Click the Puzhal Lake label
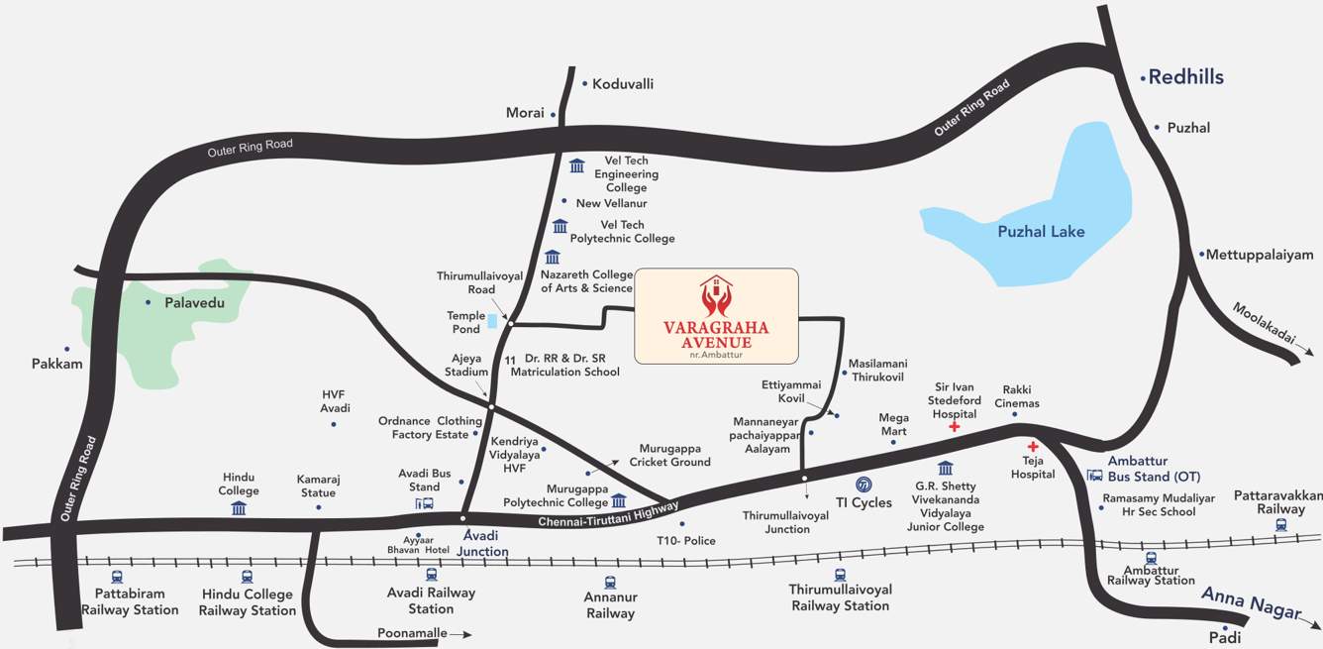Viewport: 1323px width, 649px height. [x=1041, y=232]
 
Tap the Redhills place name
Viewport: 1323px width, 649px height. [x=1185, y=77]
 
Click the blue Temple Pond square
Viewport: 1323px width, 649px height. [x=492, y=321]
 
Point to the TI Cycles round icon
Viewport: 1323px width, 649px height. [x=865, y=486]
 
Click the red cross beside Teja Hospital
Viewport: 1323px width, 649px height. [x=1033, y=447]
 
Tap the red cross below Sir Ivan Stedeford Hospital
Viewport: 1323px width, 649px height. [x=955, y=427]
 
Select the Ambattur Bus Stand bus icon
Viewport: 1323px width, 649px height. [x=1095, y=477]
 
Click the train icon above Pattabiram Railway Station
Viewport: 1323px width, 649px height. [x=118, y=576]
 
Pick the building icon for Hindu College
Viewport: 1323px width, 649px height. [x=239, y=508]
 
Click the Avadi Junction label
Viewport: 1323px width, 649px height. [x=482, y=543]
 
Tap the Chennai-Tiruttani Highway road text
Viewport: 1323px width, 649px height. [x=608, y=514]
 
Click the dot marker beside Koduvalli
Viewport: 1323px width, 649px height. [x=584, y=84]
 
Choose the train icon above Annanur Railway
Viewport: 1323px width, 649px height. [x=610, y=584]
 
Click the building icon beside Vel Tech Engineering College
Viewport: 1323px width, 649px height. [x=577, y=165]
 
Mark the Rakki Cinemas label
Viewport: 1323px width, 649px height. [x=1020, y=396]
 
